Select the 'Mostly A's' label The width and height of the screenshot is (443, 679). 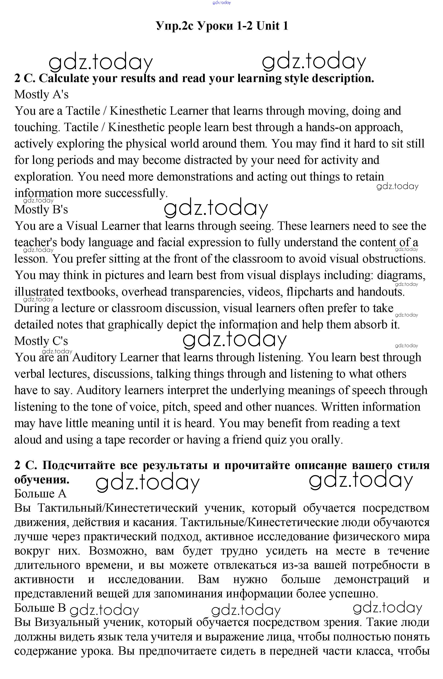coord(41,94)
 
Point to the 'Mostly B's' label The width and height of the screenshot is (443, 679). coord(41,209)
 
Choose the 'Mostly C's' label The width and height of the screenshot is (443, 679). coord(41,341)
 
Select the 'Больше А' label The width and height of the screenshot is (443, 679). coord(40,493)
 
